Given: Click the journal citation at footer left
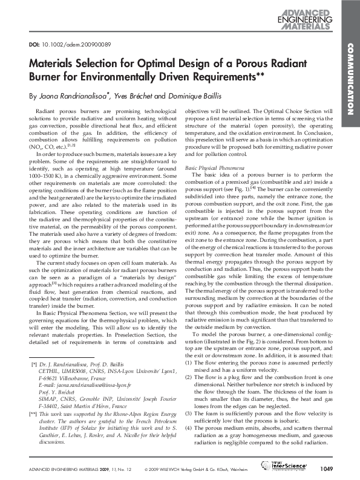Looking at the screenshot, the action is pyautogui.click(x=70, y=469).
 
